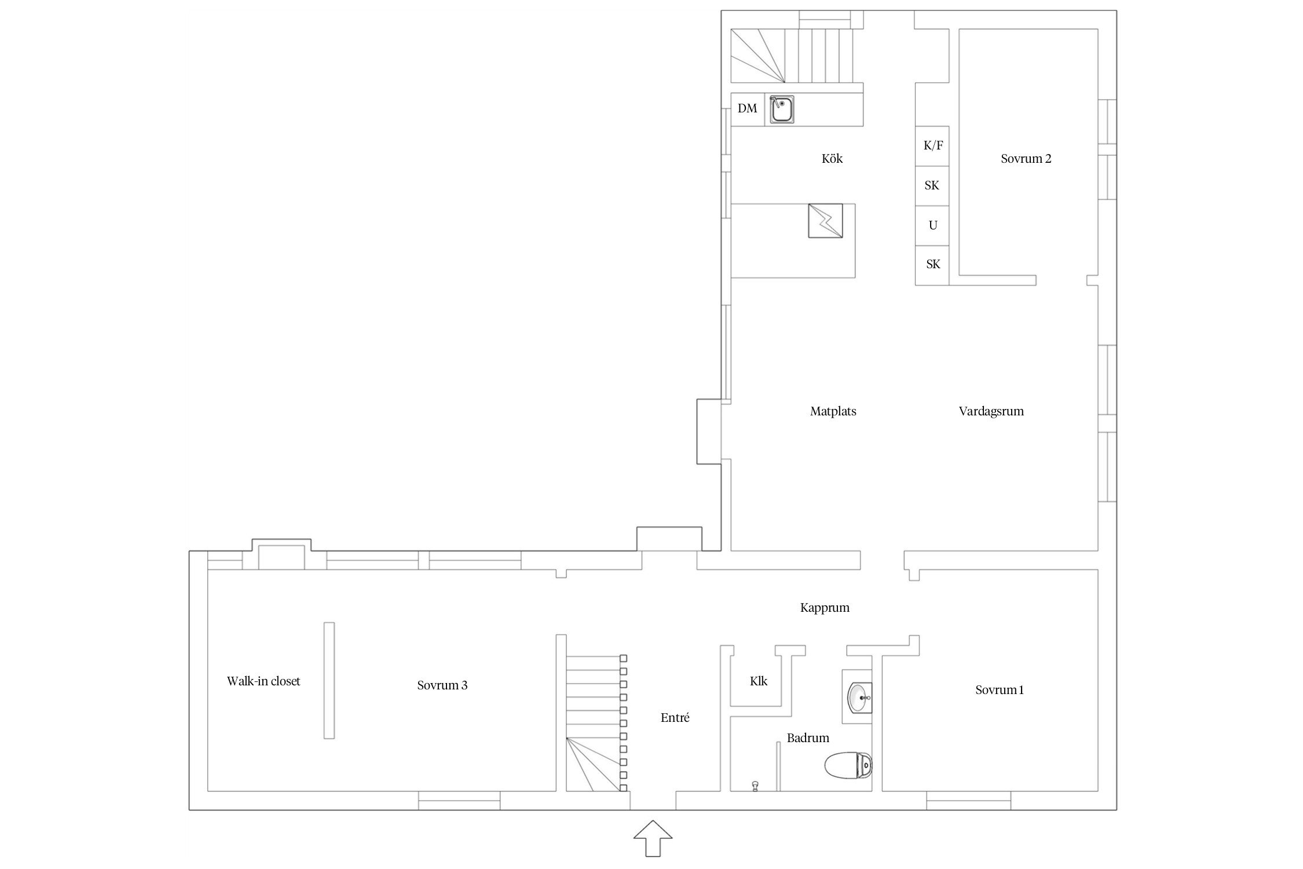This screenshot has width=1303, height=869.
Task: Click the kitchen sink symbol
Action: pyautogui.click(x=782, y=110)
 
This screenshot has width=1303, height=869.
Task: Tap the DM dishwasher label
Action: pyautogui.click(x=747, y=108)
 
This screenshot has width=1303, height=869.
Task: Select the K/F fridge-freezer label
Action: pyautogui.click(x=933, y=145)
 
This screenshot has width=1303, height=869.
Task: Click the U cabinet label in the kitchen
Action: pyautogui.click(x=933, y=225)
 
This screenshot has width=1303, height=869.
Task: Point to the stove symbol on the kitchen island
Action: pyautogui.click(x=825, y=220)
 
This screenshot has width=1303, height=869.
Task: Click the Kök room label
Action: pyautogui.click(x=832, y=159)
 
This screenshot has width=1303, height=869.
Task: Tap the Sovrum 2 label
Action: pyautogui.click(x=1026, y=159)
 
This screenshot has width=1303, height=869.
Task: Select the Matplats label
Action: pyautogui.click(x=833, y=411)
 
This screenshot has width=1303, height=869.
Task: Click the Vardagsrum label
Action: pyautogui.click(x=991, y=411)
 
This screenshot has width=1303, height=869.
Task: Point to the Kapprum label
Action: pyautogui.click(x=825, y=608)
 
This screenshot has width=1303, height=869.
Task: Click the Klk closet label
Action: pyautogui.click(x=759, y=681)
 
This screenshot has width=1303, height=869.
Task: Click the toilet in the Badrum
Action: pyautogui.click(x=848, y=766)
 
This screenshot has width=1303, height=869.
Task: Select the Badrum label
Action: pyautogui.click(x=808, y=738)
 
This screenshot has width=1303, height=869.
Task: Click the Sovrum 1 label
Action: pyautogui.click(x=1000, y=690)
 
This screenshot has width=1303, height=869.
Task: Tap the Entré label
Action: pyautogui.click(x=675, y=718)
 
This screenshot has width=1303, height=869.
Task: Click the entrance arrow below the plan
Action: pyautogui.click(x=653, y=838)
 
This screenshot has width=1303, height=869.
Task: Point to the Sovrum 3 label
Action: pyautogui.click(x=442, y=685)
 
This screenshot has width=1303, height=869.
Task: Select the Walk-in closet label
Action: pyautogui.click(x=263, y=681)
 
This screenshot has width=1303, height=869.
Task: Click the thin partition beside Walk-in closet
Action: pyautogui.click(x=329, y=680)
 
